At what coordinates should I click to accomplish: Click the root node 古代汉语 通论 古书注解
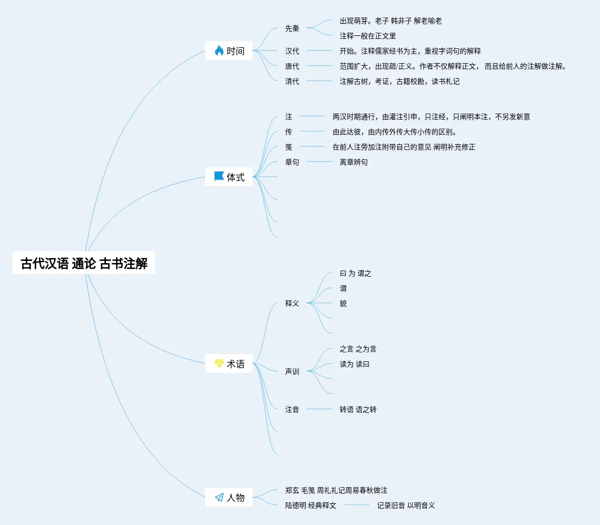pyautogui.click(x=84, y=263)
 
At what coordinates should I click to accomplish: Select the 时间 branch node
pyautogui.click(x=235, y=51)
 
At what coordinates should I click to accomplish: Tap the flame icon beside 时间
pyautogui.click(x=219, y=50)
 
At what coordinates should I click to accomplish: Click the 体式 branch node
pyautogui.click(x=235, y=177)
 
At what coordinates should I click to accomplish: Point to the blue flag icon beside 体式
pyautogui.click(x=219, y=177)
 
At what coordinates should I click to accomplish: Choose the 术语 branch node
pyautogui.click(x=235, y=364)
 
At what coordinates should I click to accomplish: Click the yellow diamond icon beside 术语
pyautogui.click(x=219, y=363)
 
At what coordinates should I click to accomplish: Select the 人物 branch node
pyautogui.click(x=235, y=498)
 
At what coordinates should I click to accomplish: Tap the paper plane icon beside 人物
pyautogui.click(x=219, y=498)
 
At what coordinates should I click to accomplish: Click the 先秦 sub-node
pyautogui.click(x=292, y=28)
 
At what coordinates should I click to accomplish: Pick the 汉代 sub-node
pyautogui.click(x=292, y=51)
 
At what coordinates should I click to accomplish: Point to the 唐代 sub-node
pyautogui.click(x=292, y=66)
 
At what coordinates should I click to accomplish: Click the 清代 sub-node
pyautogui.click(x=292, y=81)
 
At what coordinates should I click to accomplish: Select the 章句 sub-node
pyautogui.click(x=292, y=162)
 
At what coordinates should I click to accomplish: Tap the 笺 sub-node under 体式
pyautogui.click(x=289, y=147)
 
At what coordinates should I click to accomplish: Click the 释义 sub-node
pyautogui.click(x=292, y=303)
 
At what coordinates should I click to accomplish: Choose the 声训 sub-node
pyautogui.click(x=292, y=372)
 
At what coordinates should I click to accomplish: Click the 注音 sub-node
pyautogui.click(x=292, y=409)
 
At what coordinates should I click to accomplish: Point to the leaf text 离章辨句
pyautogui.click(x=354, y=162)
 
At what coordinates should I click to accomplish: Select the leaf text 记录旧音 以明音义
pyautogui.click(x=406, y=505)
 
